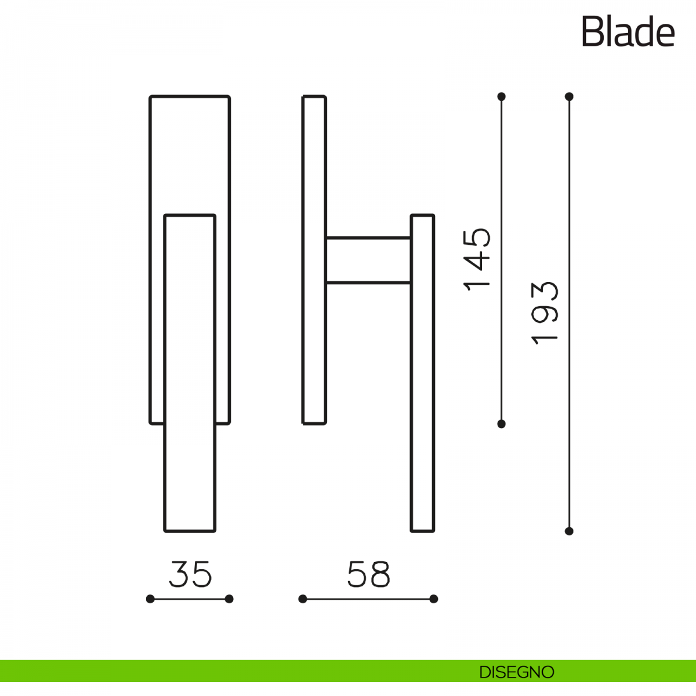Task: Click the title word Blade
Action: (628, 31)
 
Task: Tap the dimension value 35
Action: (190, 574)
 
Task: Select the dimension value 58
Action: (368, 574)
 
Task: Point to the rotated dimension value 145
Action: (477, 259)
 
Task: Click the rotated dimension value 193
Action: (545, 313)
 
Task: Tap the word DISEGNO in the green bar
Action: (517, 672)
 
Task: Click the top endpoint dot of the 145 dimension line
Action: (501, 96)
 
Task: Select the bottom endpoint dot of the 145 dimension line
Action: (501, 424)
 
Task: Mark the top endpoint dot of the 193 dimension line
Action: (569, 96)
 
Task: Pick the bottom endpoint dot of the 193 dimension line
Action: (569, 531)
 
